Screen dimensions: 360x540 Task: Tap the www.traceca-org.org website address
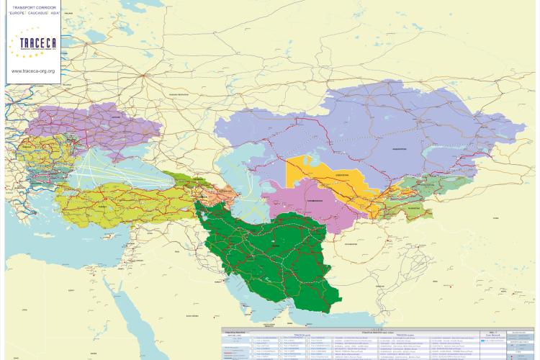pos(32,71)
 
